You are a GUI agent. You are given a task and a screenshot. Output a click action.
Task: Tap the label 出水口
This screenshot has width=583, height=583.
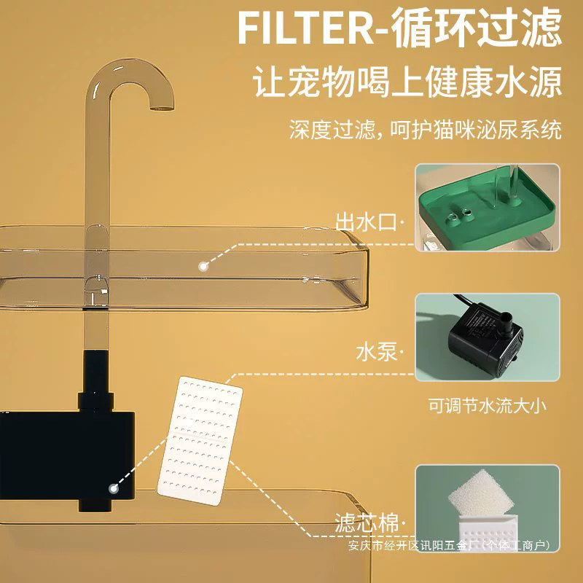click(367, 222)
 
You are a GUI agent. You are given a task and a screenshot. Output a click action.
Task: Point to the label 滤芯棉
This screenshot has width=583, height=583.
click(367, 523)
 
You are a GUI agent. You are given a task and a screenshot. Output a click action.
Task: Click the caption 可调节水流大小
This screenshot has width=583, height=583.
click(488, 405)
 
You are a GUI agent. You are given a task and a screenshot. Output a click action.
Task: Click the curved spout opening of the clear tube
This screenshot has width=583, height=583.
click(162, 109)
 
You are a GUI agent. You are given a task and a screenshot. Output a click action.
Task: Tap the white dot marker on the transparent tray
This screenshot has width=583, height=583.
click(203, 266)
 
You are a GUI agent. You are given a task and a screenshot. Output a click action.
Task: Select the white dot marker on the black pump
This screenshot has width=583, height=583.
click(114, 488)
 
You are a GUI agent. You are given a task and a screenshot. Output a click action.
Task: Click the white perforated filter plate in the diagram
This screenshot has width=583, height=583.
click(200, 441)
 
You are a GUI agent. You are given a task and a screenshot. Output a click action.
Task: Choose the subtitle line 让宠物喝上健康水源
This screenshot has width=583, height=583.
click(407, 82)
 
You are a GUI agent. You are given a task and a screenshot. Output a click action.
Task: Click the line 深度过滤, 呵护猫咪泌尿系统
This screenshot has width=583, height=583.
click(425, 130)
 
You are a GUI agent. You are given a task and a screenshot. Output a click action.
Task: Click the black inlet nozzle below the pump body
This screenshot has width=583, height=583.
click(95, 505)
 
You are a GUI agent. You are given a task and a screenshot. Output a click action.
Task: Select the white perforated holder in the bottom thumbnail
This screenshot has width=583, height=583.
click(489, 533)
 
